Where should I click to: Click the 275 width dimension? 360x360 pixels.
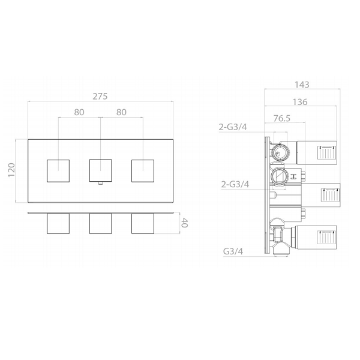100,97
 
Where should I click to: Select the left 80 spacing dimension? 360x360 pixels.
79,112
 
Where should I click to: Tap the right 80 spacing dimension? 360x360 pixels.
121,112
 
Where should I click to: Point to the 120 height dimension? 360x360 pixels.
11,170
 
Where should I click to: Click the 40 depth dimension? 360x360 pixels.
184,223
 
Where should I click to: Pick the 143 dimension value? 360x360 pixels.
302,85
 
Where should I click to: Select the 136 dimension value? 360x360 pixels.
300,102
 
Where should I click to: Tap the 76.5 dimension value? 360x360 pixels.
282,118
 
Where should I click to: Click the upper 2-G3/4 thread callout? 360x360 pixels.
233,127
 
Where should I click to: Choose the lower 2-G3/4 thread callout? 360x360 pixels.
235,184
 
